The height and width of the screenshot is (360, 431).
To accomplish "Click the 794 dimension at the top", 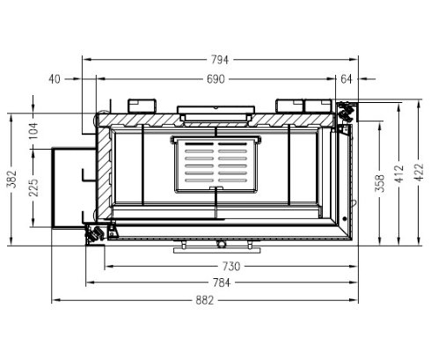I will tap(220, 60).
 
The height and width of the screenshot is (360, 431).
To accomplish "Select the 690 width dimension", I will tap(215, 79).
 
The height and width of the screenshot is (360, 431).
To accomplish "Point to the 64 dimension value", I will tap(346, 79).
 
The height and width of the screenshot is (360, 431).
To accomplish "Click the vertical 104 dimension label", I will tap(34, 129).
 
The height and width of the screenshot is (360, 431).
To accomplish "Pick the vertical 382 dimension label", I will tap(11, 180).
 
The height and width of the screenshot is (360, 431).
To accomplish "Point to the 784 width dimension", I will tap(219, 283).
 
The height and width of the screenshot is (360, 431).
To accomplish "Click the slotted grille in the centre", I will tap(215, 165).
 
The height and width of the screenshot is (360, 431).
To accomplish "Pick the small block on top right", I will tap(291, 105).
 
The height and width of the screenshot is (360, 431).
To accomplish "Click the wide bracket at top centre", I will tap(216, 112).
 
